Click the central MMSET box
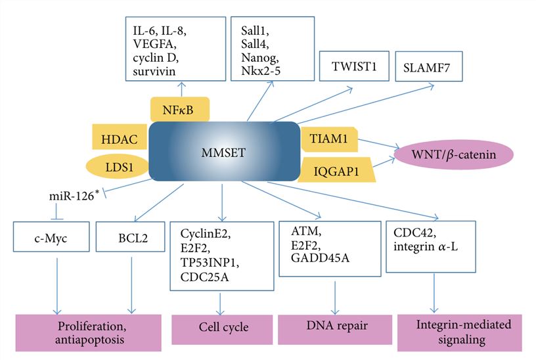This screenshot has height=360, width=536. (223, 152)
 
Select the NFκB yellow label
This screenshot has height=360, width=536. (179, 110)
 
